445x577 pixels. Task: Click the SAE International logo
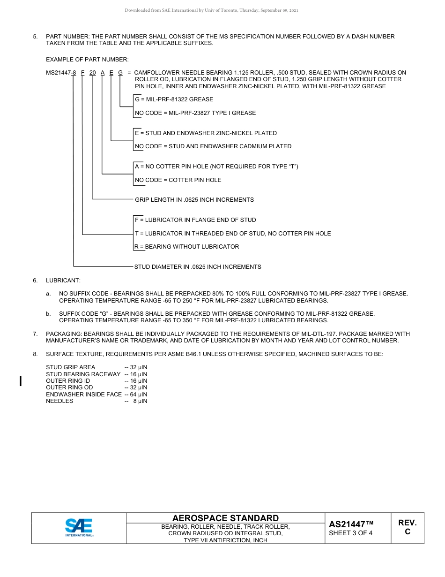click(x=79, y=527)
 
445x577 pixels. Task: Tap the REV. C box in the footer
click(x=407, y=527)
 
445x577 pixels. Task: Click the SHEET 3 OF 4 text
click(x=350, y=533)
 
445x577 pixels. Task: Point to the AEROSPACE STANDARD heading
click(x=225, y=518)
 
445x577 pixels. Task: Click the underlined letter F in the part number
click(x=83, y=73)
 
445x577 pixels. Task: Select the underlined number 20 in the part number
click(x=92, y=73)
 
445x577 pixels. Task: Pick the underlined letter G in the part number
click(x=120, y=73)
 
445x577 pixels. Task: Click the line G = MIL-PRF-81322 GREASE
click(x=174, y=99)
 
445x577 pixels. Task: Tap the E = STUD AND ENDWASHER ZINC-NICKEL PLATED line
click(x=206, y=133)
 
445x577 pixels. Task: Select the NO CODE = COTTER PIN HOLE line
click(x=178, y=180)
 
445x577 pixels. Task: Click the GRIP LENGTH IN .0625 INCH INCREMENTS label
click(x=194, y=200)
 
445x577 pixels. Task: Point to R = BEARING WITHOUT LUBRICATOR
click(x=187, y=247)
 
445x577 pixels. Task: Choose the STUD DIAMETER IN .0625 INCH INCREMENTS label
click(x=198, y=267)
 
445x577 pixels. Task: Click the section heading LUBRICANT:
click(x=63, y=281)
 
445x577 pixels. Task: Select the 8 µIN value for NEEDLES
click(x=140, y=401)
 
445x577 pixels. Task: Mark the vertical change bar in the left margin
click(x=20, y=380)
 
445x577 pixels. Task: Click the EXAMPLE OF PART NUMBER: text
click(x=87, y=60)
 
